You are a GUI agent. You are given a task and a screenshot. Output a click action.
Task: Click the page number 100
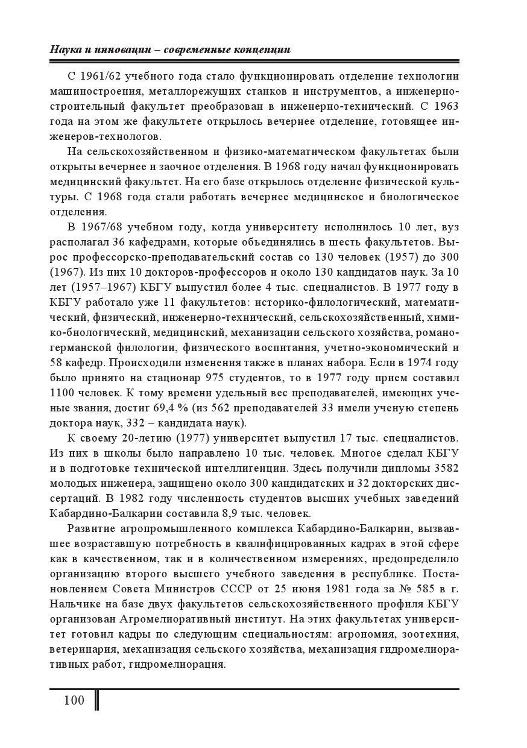(74, 700)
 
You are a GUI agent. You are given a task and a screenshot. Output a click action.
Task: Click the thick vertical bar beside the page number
(96, 701)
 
